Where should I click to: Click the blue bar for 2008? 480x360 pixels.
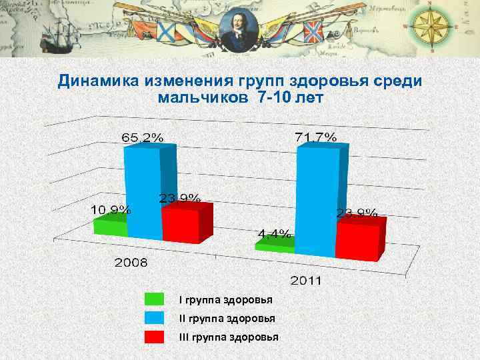coord(143,193)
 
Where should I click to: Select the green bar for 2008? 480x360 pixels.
coord(109,228)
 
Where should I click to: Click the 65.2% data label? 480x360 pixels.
coord(142,137)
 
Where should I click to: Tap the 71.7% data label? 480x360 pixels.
coord(315,137)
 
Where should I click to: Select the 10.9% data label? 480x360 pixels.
coord(111,209)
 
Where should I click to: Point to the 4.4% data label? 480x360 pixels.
coord(275,233)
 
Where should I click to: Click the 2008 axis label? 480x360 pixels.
coord(131,262)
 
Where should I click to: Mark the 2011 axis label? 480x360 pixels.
coord(305,280)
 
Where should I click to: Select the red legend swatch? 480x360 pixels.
coord(154,337)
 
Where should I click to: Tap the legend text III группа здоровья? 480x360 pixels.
coord(229,337)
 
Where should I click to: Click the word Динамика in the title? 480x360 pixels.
coord(97,81)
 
